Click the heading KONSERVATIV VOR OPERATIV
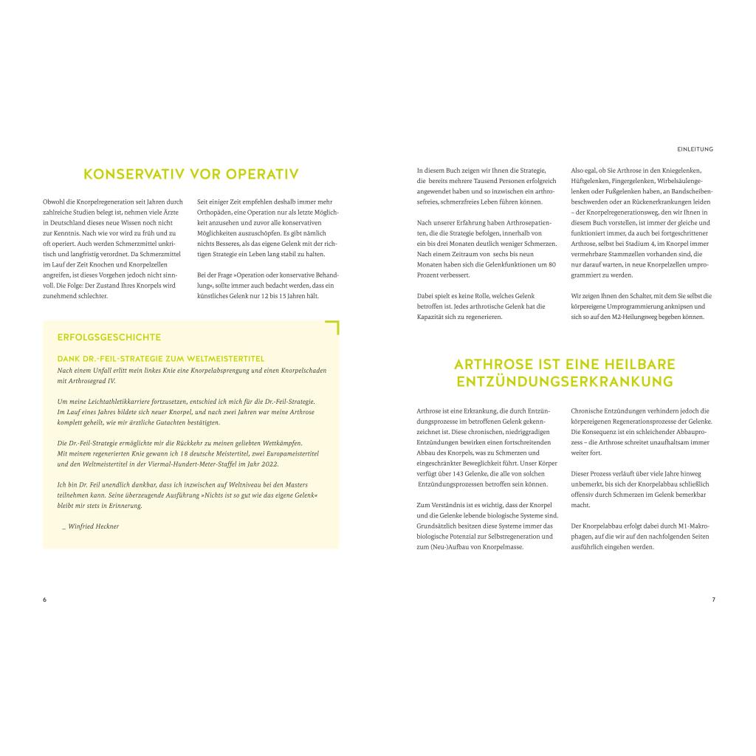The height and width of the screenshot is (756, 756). pos(190,174)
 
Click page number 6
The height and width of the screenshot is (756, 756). pos(44,599)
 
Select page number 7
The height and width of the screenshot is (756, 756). pos(713,599)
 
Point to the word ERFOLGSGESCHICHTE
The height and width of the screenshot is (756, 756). pos(109,337)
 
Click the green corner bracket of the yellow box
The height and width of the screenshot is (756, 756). pos(334,326)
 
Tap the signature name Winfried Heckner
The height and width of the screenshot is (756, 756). pos(93,526)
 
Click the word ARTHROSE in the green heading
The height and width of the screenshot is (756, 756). pos(491,364)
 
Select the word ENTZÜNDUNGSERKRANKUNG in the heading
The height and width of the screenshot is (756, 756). pos(565,382)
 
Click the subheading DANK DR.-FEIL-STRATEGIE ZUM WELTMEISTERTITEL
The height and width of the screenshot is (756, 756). pos(160,359)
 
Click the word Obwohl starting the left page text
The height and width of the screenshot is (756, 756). pos(53,202)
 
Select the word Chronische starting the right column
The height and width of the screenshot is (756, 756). pos(588,410)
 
